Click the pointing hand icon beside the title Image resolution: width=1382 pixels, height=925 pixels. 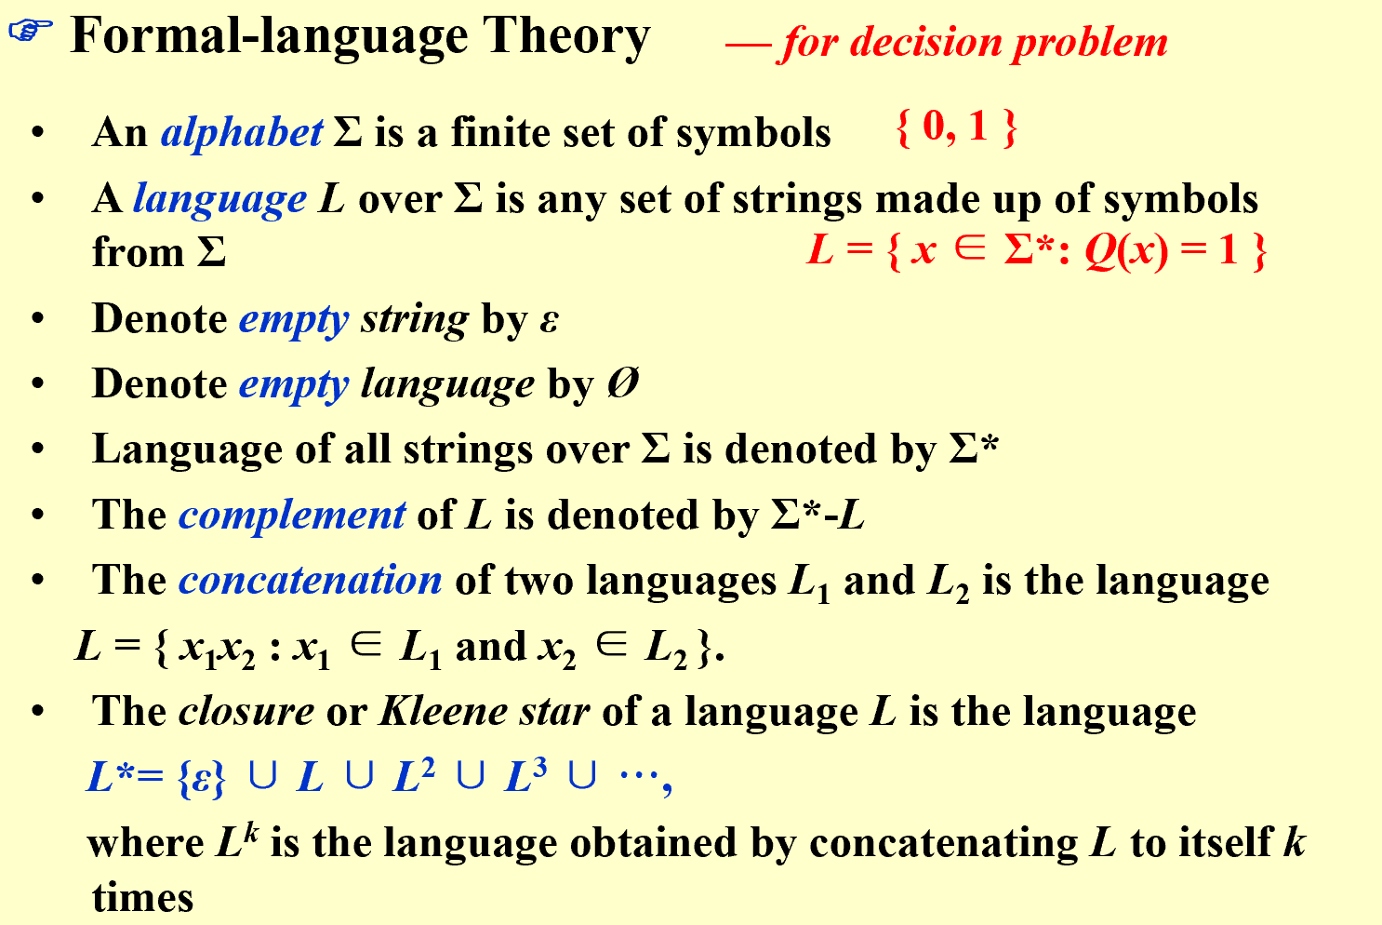click(x=31, y=31)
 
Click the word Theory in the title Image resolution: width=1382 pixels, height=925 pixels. click(x=566, y=37)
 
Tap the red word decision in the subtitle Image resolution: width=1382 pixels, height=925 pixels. click(x=926, y=43)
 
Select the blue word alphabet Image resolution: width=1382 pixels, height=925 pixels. click(x=241, y=132)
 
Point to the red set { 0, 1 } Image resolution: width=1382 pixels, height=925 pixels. click(x=956, y=127)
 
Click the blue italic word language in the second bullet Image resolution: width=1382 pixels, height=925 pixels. click(x=219, y=199)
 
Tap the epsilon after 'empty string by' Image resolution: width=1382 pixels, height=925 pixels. click(x=549, y=321)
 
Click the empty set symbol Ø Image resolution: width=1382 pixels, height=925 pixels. click(x=622, y=383)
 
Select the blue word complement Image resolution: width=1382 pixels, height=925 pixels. click(x=292, y=515)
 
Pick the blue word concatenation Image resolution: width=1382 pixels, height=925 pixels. click(x=311, y=581)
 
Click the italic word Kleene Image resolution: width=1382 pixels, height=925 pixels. click(x=444, y=711)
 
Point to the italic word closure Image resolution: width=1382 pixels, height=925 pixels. click(x=246, y=711)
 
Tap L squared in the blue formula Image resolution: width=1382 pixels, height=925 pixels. click(x=414, y=775)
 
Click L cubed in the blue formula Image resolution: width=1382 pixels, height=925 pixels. click(x=525, y=775)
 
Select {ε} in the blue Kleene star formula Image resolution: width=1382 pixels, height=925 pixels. click(x=202, y=777)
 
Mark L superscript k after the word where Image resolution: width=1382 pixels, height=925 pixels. click(x=237, y=841)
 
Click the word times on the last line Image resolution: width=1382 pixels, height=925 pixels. click(x=142, y=897)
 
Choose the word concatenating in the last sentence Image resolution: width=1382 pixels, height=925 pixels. click(x=944, y=844)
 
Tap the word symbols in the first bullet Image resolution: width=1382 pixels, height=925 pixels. click(x=753, y=134)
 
